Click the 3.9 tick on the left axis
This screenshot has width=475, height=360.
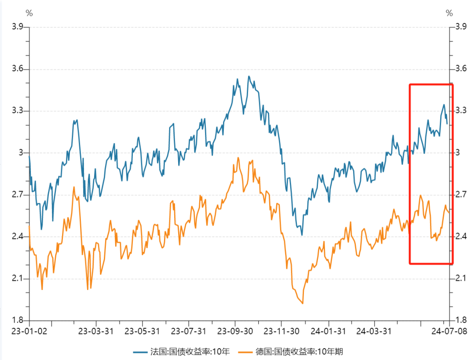(x=18, y=27)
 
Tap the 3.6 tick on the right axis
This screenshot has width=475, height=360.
(x=461, y=69)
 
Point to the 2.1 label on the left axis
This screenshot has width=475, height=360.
(x=18, y=279)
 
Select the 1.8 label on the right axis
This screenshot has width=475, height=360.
(x=461, y=320)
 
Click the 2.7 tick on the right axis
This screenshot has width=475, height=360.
(x=461, y=195)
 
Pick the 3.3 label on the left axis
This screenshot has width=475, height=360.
(x=18, y=111)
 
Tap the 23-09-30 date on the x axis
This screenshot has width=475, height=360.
(x=235, y=331)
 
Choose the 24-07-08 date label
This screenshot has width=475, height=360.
(x=449, y=331)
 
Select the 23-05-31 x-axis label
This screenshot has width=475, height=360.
(x=142, y=331)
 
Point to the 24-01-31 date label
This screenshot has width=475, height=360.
(x=328, y=331)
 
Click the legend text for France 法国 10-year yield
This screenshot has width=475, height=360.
(x=190, y=351)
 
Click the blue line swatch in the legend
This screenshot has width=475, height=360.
(x=141, y=351)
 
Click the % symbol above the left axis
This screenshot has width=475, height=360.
(x=29, y=13)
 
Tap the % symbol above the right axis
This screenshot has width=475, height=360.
(x=449, y=13)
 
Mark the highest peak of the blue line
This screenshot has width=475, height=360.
(x=248, y=76)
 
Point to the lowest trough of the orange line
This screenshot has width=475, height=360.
(x=303, y=303)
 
